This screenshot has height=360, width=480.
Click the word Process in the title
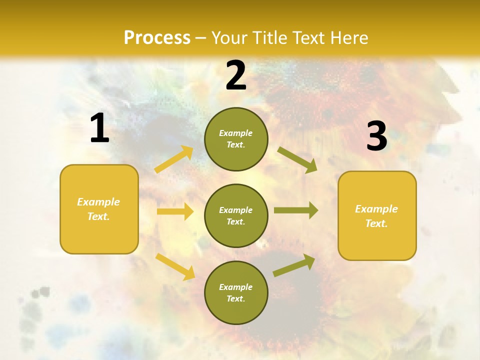pyautogui.click(x=157, y=38)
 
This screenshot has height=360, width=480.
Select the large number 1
pyautogui.click(x=99, y=128)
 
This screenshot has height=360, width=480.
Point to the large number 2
pyautogui.click(x=236, y=75)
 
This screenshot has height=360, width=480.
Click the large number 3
pyautogui.click(x=376, y=136)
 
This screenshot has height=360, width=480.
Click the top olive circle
pyautogui.click(x=236, y=139)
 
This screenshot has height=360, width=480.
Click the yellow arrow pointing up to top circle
pyautogui.click(x=174, y=159)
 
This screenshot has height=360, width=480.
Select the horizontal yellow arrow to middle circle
pyautogui.click(x=175, y=211)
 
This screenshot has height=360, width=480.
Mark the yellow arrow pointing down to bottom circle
pyautogui.click(x=175, y=266)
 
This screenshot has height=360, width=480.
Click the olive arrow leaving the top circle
pyautogui.click(x=297, y=160)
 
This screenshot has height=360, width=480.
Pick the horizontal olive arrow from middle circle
pyautogui.click(x=296, y=210)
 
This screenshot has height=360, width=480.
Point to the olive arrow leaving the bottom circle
pyautogui.click(x=294, y=265)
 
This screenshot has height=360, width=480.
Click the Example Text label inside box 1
pyautogui.click(x=98, y=209)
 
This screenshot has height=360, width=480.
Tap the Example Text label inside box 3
pyautogui.click(x=376, y=216)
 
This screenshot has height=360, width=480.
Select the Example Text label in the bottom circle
pyautogui.click(x=235, y=292)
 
